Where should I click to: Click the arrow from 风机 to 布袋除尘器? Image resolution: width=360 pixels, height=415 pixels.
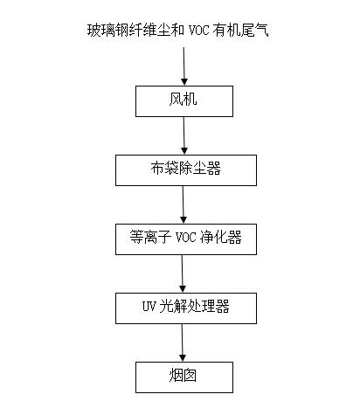point(183,135)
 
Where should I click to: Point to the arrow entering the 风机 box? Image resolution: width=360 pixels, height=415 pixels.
point(183,66)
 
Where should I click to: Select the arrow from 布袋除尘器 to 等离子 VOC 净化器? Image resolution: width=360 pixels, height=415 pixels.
point(183,204)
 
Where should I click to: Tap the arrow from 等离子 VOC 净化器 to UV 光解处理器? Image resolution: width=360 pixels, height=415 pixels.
point(183,273)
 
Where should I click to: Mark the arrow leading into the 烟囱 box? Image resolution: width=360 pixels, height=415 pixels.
point(183,342)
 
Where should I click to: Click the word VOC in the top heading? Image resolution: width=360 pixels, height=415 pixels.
point(199,31)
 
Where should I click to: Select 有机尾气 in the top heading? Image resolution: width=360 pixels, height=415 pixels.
point(240,31)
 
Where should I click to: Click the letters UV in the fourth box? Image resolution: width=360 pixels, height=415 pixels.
point(149,307)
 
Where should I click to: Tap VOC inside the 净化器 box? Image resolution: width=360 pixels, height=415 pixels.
point(185,238)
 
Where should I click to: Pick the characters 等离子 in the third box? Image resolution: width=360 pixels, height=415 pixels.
point(150,237)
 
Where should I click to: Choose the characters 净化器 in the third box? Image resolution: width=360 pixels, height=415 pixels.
point(221,237)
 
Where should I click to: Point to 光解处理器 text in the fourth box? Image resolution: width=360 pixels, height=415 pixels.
point(195,307)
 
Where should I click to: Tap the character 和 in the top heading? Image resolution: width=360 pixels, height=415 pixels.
point(177,31)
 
